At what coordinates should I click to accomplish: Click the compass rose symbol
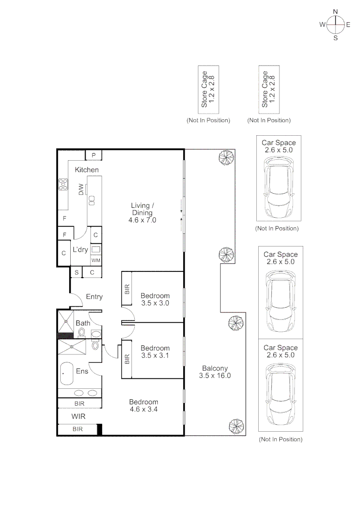coord(335,25)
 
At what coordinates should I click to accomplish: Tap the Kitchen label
coord(87,170)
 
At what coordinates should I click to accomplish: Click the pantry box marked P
coord(94,155)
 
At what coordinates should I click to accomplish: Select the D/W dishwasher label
coord(81,189)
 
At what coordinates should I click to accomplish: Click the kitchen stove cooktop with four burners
coord(63,183)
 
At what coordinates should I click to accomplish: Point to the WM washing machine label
coord(96,260)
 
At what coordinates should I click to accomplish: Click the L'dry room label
coord(80,249)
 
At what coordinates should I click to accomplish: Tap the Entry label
coord(94,297)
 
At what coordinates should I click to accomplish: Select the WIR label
coord(78,416)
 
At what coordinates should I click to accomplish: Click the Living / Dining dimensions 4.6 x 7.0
coord(143,220)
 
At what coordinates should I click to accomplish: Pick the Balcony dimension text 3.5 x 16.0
coord(215,376)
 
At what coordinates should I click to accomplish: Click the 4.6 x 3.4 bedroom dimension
coord(144,409)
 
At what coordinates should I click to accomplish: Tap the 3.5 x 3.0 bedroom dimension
coord(155,303)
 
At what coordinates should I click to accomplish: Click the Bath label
coord(83,323)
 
